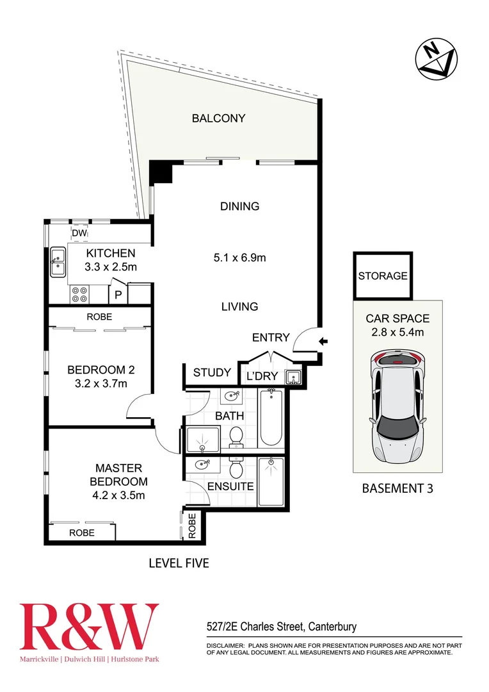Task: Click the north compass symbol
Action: click(x=437, y=60)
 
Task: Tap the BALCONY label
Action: click(x=219, y=119)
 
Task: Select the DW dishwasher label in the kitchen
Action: click(x=79, y=233)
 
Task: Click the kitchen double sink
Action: click(x=58, y=263)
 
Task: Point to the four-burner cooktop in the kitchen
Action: click(x=79, y=293)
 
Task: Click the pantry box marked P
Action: click(x=118, y=295)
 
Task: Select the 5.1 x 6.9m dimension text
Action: click(x=239, y=258)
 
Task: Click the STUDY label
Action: click(x=212, y=372)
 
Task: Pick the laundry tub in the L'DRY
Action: click(x=294, y=377)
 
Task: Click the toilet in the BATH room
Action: click(x=236, y=436)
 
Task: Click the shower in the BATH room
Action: click(x=202, y=440)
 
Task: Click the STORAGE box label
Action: click(x=383, y=276)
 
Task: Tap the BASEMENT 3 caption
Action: click(x=397, y=488)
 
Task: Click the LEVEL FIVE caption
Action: click(x=179, y=563)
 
